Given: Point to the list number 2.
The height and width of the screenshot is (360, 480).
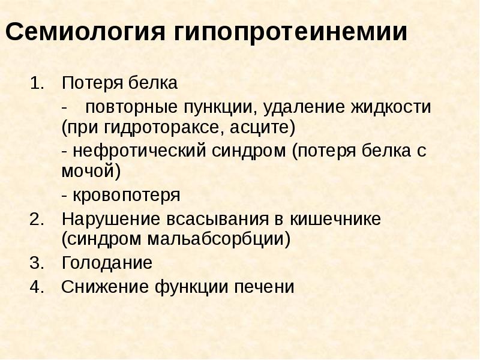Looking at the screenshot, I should (37, 219).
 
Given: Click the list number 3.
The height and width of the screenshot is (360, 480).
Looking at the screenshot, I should (37, 263).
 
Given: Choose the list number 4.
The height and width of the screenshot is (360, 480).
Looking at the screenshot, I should (37, 287).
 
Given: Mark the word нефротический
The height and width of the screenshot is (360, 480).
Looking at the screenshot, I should (140, 151).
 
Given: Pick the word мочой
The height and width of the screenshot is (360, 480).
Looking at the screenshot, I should (88, 172).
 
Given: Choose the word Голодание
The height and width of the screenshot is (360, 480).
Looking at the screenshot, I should (107, 263).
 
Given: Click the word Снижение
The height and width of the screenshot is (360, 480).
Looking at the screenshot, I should (98, 287).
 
